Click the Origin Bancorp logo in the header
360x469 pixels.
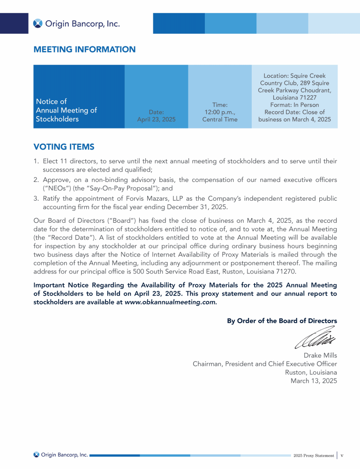pos(76,23)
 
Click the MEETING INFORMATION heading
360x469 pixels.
pos(84,49)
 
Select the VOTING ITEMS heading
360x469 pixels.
pos(64,147)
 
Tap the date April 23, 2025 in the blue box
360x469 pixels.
pos(156,120)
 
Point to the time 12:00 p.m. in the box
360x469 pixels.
pos(220,112)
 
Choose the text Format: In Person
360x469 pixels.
pos(294,105)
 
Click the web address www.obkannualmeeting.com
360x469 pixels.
pos(170,302)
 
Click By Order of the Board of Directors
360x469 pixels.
pos(282,321)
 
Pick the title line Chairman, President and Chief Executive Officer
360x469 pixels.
pos(265,363)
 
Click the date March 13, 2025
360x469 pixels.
pos(314,381)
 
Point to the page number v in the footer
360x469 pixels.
pos(343,455)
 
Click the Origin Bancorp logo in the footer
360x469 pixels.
pos(61,454)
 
